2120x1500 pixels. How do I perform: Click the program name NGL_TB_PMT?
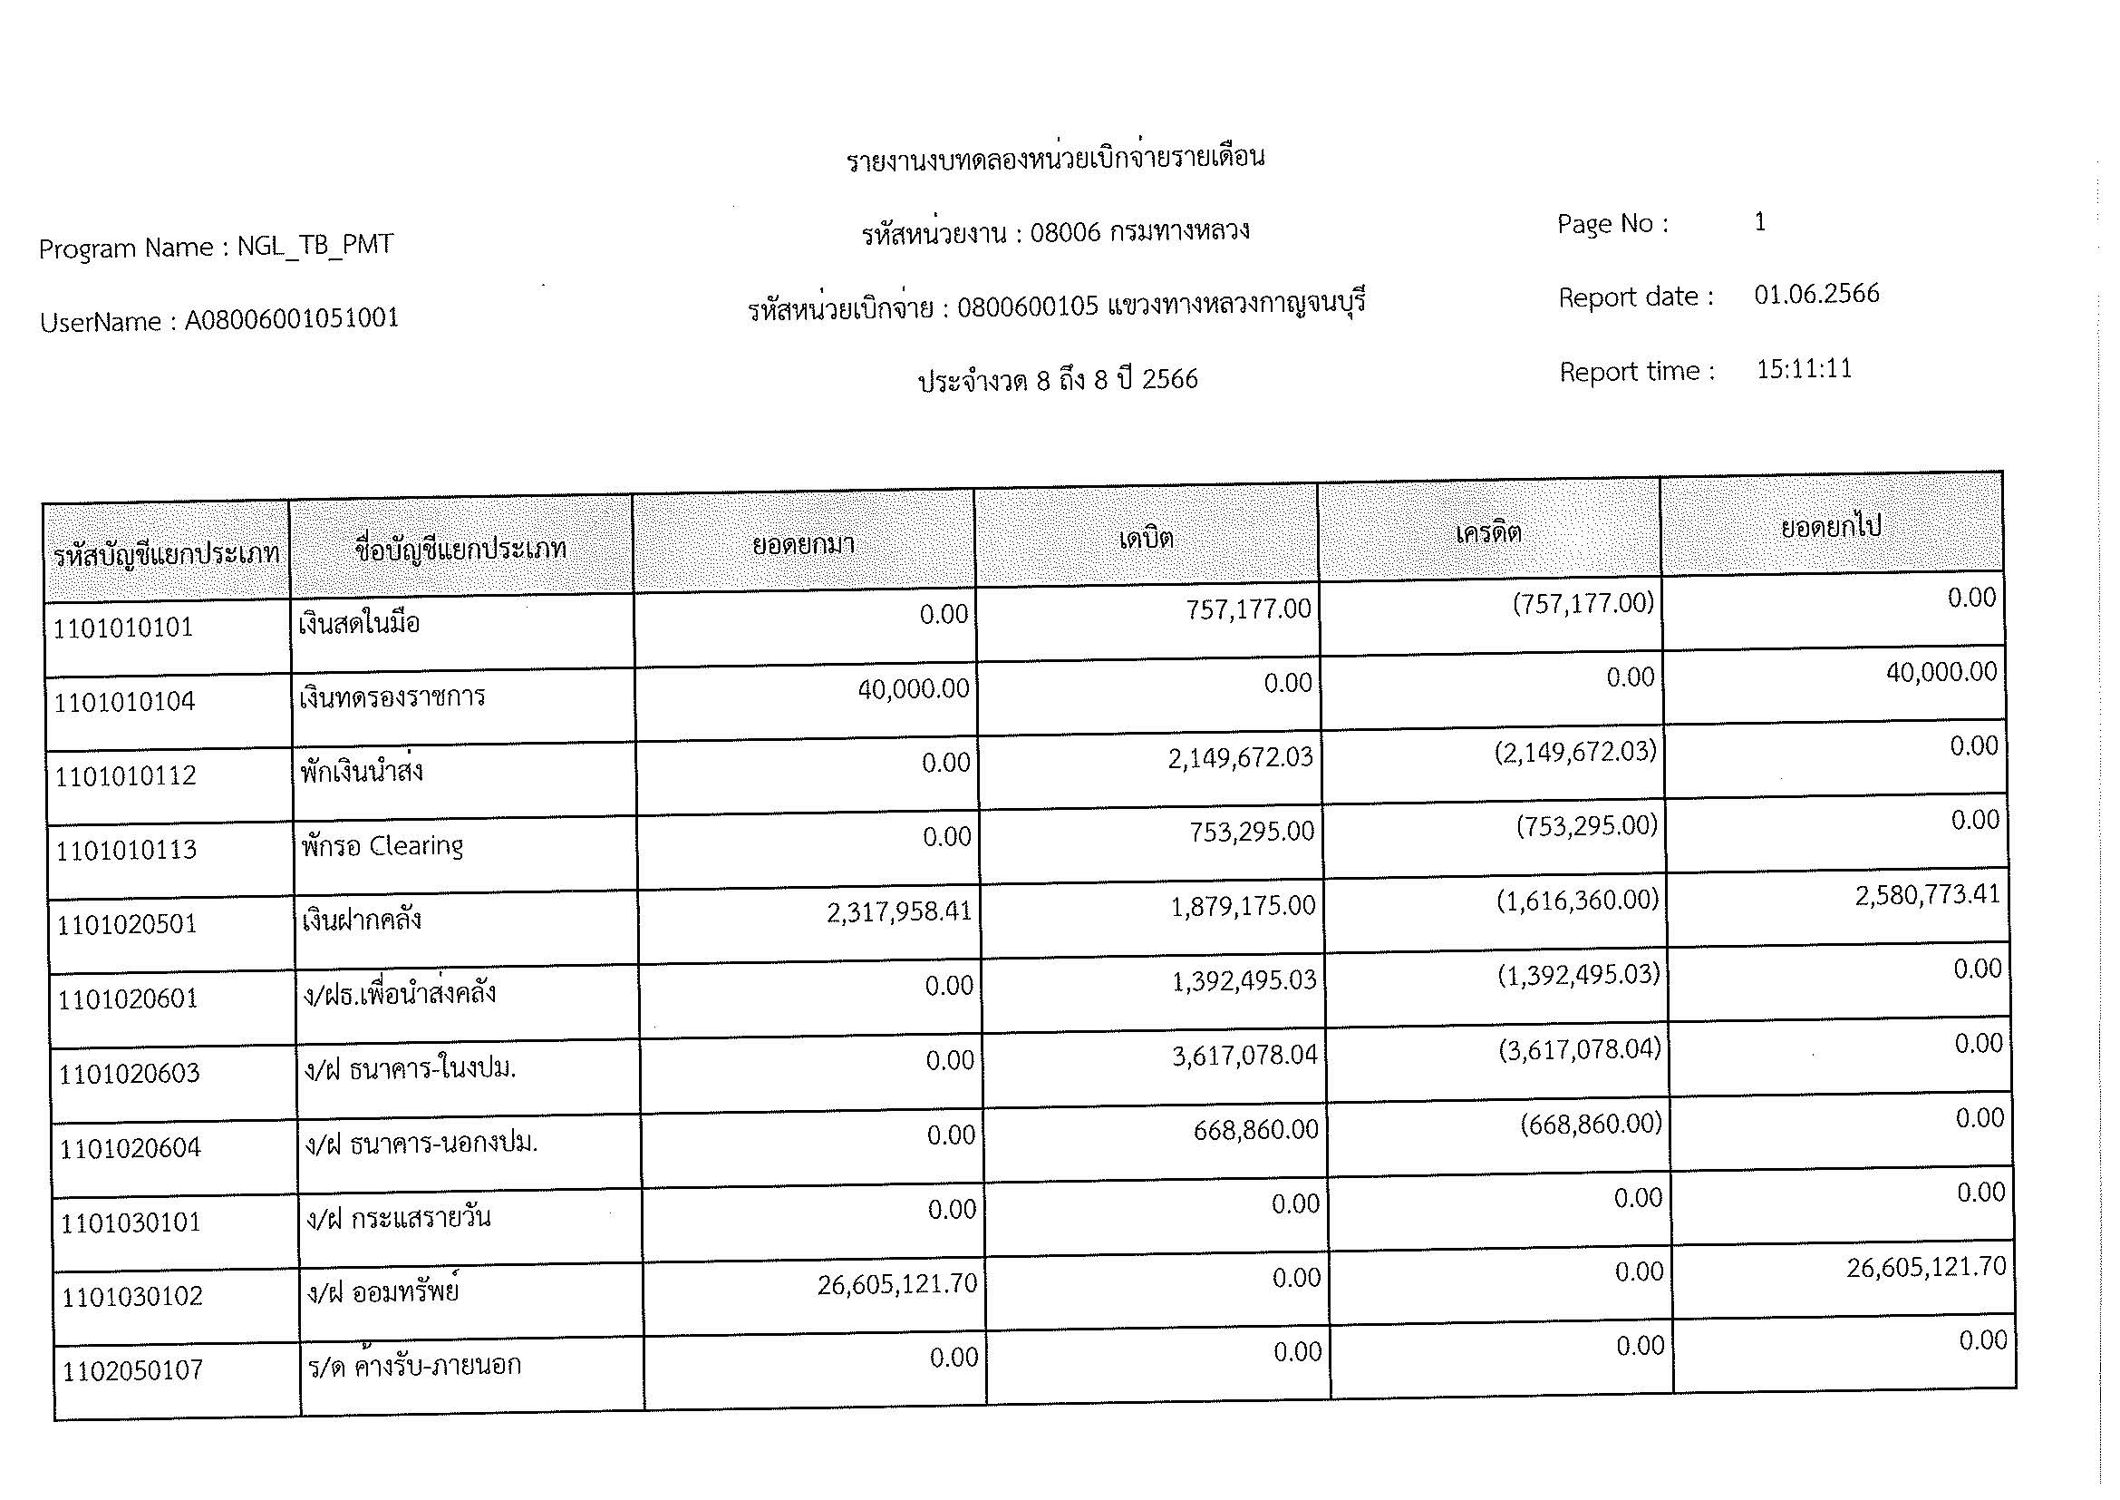tap(315, 245)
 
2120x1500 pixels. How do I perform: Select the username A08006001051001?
tap(292, 318)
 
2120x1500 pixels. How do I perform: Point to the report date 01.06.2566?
tap(1816, 294)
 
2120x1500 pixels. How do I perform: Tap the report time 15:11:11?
tap(1804, 368)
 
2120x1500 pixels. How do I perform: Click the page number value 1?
tap(1760, 221)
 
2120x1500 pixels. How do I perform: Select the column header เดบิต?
tap(1146, 538)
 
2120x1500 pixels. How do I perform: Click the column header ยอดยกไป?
tap(1831, 528)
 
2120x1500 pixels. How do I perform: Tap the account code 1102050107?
tap(132, 1369)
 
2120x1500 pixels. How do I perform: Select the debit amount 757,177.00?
tap(1248, 609)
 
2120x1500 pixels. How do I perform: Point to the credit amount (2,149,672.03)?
tap(1575, 752)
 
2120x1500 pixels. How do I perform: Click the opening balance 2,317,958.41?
tap(898, 912)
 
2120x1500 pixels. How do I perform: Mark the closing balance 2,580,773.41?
tap(1927, 895)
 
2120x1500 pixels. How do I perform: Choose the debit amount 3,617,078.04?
tap(1244, 1055)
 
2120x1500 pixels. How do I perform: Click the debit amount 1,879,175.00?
tap(1243, 906)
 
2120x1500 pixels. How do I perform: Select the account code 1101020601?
tap(129, 998)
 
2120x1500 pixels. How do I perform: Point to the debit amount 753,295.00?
tap(1251, 832)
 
